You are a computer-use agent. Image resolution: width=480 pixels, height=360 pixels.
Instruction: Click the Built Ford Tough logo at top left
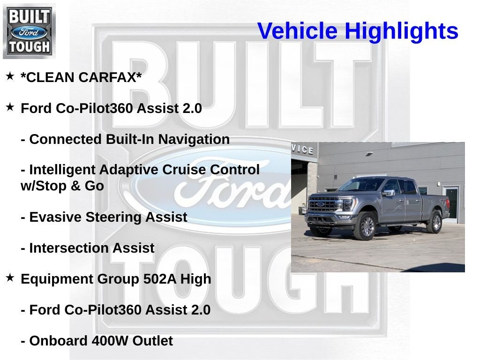click(29, 31)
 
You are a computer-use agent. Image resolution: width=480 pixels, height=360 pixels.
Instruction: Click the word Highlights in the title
click(401, 31)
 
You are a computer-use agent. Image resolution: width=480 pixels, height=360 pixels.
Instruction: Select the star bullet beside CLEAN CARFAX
click(10, 76)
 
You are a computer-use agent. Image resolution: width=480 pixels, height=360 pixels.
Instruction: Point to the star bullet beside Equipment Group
click(10, 277)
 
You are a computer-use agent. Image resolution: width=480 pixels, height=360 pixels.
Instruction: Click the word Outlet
click(152, 341)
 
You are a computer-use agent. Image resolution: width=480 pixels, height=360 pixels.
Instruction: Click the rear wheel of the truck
click(435, 222)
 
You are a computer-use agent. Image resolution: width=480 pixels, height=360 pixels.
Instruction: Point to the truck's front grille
click(323, 204)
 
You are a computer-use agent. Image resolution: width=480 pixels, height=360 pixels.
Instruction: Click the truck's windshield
click(362, 185)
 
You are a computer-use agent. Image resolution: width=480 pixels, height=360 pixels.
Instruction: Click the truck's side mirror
click(388, 192)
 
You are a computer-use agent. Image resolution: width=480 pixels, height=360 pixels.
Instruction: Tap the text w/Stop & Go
click(62, 186)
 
